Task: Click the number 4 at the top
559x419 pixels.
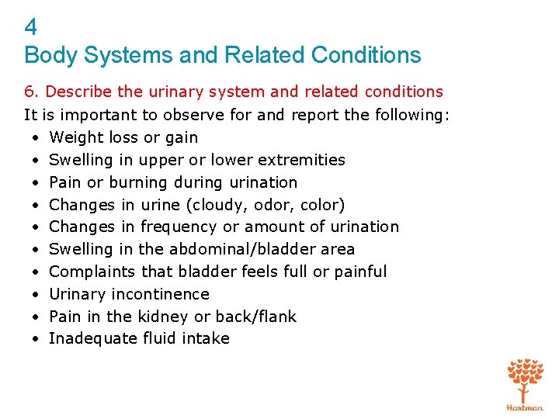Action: (x=31, y=28)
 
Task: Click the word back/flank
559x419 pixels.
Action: (x=259, y=317)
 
